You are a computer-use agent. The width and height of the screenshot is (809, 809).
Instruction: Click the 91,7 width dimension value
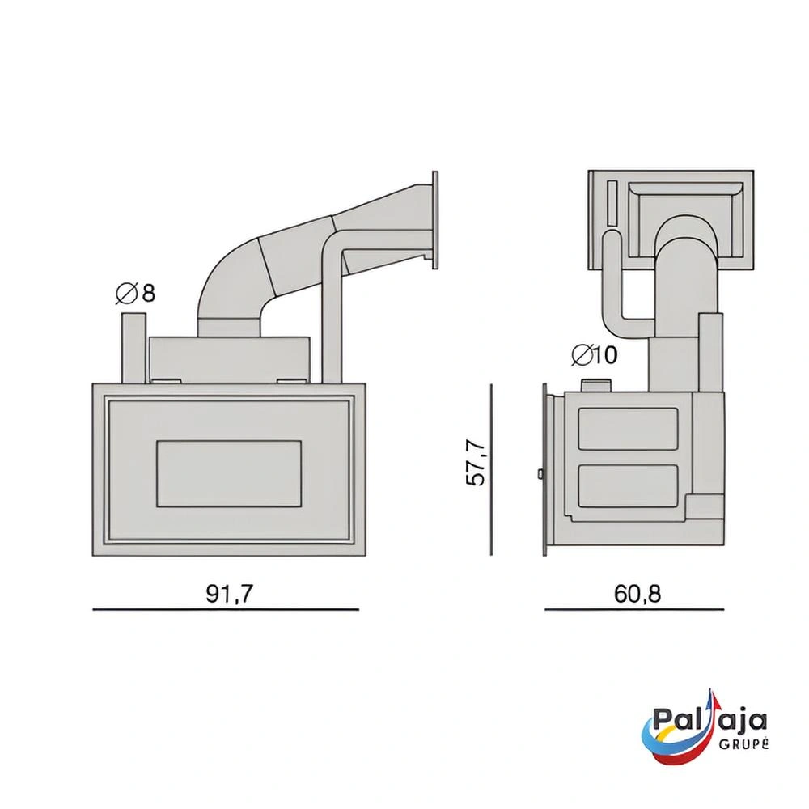tap(230, 594)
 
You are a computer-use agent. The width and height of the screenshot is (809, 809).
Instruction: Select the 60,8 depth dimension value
tap(637, 594)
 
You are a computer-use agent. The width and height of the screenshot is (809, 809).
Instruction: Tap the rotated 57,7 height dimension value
tap(475, 462)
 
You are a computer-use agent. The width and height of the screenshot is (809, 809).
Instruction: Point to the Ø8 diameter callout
tap(135, 293)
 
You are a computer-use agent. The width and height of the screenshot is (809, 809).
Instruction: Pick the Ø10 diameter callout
tap(595, 355)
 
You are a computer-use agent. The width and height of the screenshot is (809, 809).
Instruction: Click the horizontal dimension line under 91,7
tap(226, 609)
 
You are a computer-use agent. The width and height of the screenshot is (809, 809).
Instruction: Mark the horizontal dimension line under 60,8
tap(634, 609)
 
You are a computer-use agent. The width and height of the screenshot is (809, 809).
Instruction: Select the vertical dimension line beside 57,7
tap(492, 469)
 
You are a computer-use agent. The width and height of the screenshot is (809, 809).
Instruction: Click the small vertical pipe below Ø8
tap(133, 348)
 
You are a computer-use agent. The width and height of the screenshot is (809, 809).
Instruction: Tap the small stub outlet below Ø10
tap(596, 385)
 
